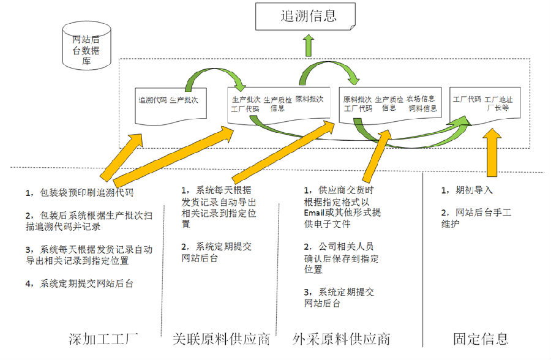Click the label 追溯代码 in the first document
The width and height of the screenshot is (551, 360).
coord(152,100)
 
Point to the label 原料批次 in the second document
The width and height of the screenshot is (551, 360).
coord(309,99)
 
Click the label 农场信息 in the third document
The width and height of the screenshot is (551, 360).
coord(421,99)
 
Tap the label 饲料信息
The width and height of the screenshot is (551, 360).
coord(423,109)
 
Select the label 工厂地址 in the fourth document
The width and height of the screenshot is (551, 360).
coord(500,99)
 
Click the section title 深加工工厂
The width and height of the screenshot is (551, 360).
coord(103,339)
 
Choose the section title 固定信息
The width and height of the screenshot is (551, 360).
coord(481,339)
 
